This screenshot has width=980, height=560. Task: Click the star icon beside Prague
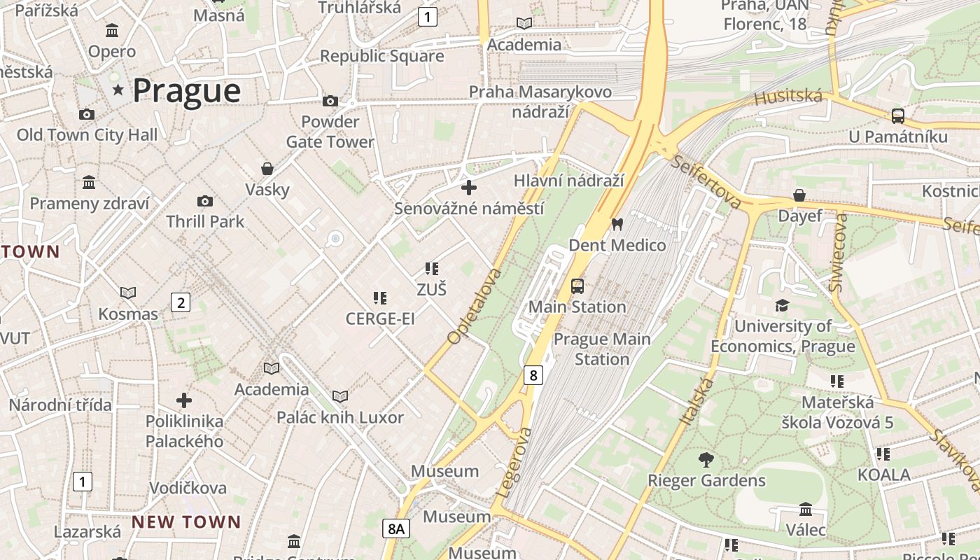click(x=118, y=90)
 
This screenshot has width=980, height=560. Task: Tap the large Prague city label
click(x=186, y=91)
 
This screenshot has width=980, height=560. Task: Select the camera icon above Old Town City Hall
click(x=87, y=114)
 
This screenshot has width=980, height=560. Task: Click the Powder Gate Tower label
click(x=330, y=132)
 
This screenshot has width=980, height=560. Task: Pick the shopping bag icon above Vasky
click(x=267, y=169)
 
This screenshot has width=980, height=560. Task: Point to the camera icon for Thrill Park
click(x=205, y=202)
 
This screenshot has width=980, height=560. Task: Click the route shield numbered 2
click(x=181, y=302)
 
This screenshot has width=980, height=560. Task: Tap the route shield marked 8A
click(x=396, y=528)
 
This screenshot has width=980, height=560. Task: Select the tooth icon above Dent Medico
click(x=617, y=225)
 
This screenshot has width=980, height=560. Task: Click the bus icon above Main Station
click(x=577, y=286)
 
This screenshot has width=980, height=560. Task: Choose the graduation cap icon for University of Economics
click(x=782, y=305)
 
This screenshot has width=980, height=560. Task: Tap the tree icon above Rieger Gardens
click(x=706, y=460)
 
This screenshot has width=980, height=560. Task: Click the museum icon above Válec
click(x=806, y=509)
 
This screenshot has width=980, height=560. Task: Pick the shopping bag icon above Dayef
click(x=799, y=195)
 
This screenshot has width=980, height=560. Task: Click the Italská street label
click(x=697, y=401)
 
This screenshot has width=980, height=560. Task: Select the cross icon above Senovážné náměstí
click(x=469, y=188)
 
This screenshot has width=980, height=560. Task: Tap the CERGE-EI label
click(x=380, y=319)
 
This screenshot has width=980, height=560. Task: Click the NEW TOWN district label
click(x=186, y=522)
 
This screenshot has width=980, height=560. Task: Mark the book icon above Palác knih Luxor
click(x=340, y=397)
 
